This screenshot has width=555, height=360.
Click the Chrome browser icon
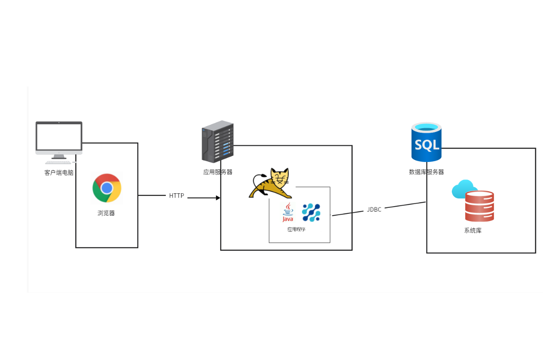click(x=107, y=188)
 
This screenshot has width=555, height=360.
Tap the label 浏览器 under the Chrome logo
click(x=106, y=213)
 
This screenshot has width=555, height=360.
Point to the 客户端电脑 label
click(x=59, y=173)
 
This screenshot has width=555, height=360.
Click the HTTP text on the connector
click(x=176, y=196)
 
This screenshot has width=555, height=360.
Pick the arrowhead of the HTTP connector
click(x=218, y=198)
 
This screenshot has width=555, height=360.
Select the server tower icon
click(x=218, y=141)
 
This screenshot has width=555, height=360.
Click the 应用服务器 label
click(x=218, y=172)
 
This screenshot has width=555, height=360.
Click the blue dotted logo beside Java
click(x=311, y=213)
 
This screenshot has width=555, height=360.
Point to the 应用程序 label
click(x=296, y=230)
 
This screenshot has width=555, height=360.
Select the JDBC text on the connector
click(x=374, y=210)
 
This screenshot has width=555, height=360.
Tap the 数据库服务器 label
click(x=427, y=172)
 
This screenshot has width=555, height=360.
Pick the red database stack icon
click(x=480, y=206)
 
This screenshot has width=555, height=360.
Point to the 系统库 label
click(x=473, y=231)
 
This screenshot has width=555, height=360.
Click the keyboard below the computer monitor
click(x=59, y=162)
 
